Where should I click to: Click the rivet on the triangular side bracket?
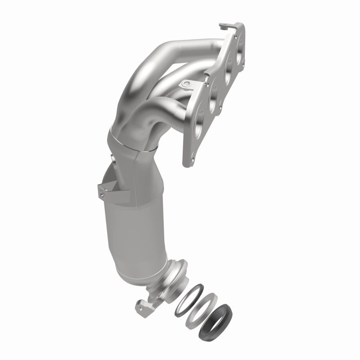pyautogui.click(x=103, y=195)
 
